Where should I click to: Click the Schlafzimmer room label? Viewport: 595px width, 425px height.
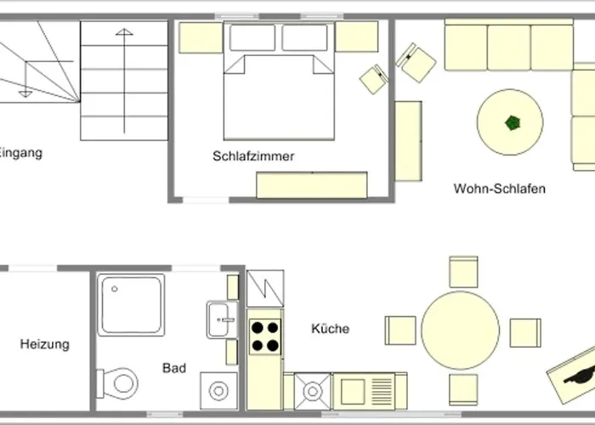(253, 156)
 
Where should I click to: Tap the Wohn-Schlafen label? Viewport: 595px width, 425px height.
(500, 189)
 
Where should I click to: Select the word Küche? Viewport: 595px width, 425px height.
(330, 328)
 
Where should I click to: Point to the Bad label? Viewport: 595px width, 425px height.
(174, 368)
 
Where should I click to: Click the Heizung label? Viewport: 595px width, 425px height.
(45, 344)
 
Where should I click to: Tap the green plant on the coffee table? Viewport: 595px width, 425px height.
(513, 123)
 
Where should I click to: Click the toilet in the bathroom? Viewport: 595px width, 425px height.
(117, 383)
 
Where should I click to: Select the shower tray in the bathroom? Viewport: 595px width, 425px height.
(131, 304)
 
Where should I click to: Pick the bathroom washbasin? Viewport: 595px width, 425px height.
(222, 320)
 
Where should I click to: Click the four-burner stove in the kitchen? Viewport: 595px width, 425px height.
(265, 337)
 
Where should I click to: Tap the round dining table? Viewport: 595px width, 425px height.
(460, 330)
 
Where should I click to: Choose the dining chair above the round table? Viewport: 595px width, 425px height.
(463, 272)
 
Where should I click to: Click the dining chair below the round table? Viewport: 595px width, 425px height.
(463, 389)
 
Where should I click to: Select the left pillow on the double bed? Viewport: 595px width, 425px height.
(252, 37)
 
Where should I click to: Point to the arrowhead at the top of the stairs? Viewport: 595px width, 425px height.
(124, 32)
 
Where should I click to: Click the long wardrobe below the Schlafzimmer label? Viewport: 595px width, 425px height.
(312, 185)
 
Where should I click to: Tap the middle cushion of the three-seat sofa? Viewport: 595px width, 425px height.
(509, 48)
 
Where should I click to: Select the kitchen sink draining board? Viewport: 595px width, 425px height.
(382, 391)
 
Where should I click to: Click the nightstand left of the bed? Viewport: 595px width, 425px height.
(201, 37)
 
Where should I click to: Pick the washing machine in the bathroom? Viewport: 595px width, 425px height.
(219, 391)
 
